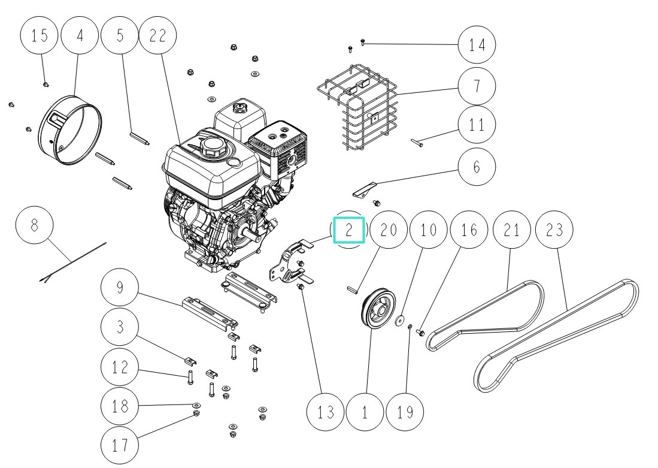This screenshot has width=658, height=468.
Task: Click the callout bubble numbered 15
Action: (40, 35)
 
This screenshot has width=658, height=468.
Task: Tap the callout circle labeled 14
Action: (477, 44)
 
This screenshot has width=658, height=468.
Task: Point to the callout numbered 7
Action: (477, 86)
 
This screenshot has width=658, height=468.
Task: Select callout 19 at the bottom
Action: (405, 412)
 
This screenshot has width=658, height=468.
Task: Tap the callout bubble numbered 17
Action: (119, 445)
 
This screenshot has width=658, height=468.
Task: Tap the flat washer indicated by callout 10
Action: (399, 321)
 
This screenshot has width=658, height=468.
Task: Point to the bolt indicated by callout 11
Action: (417, 143)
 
